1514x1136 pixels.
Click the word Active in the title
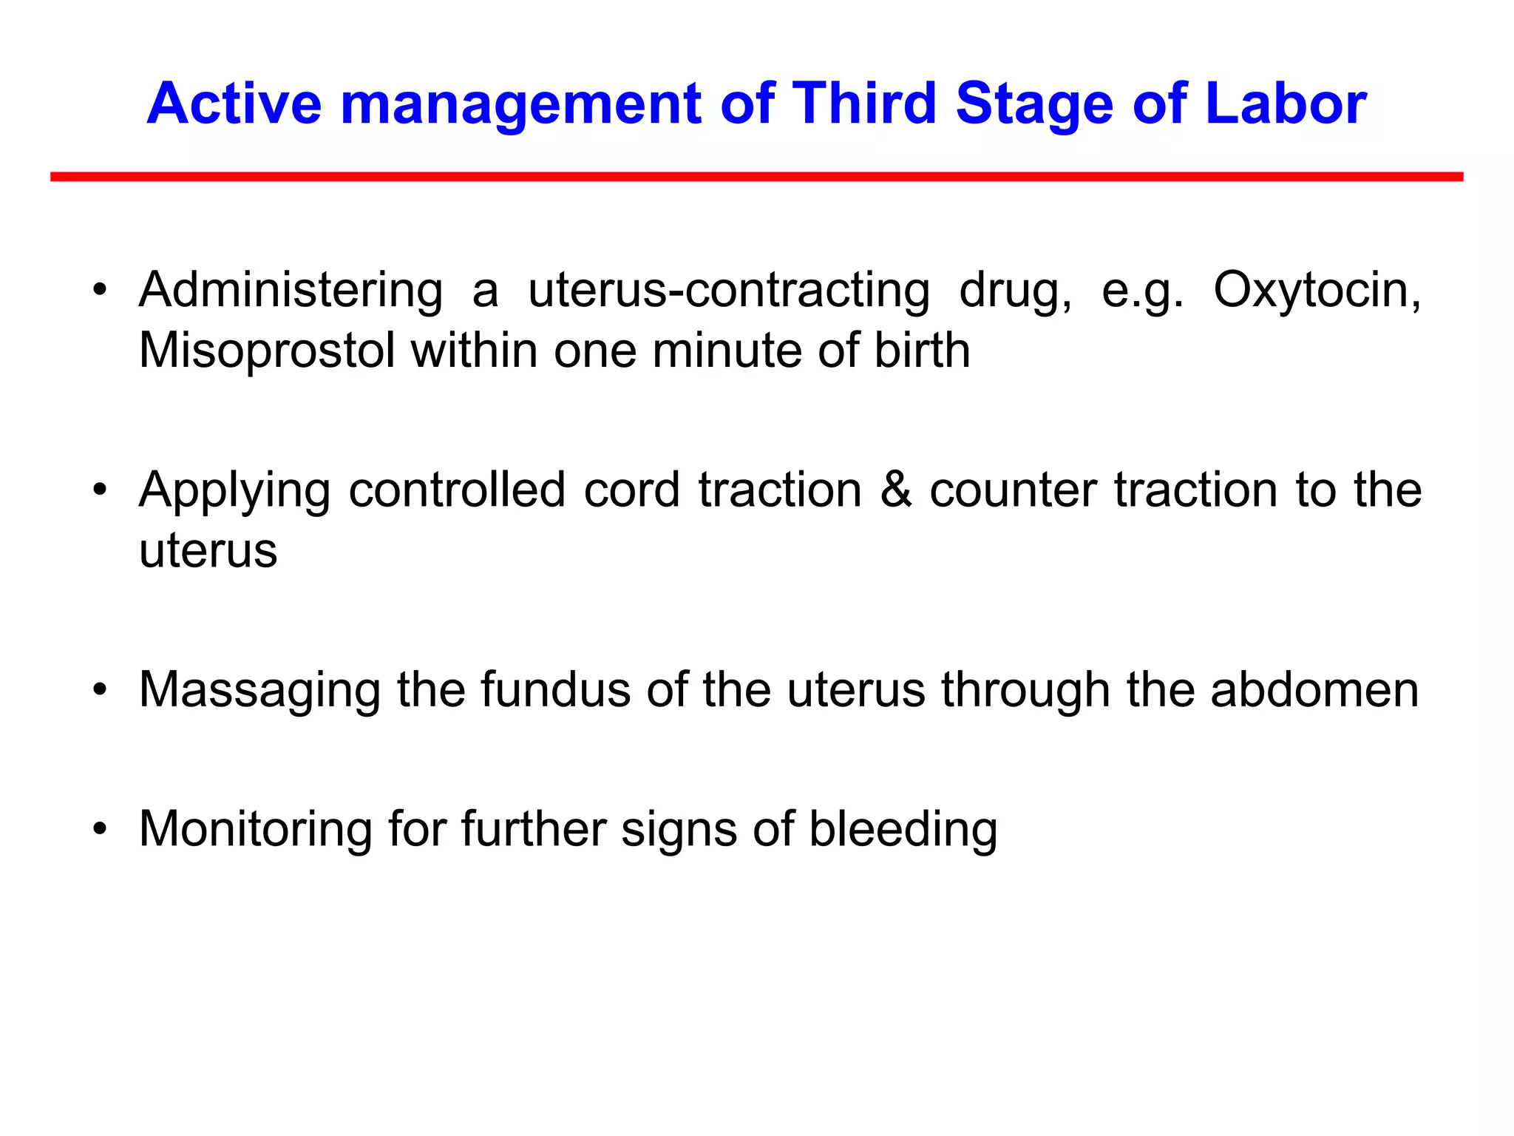point(234,104)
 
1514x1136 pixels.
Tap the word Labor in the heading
point(1286,104)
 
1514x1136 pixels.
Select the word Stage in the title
point(1034,104)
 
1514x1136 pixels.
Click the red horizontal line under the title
point(756,177)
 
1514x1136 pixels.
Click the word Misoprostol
point(267,350)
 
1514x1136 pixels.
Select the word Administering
point(291,290)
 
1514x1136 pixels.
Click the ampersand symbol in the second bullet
point(896,490)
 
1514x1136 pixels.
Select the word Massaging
point(259,690)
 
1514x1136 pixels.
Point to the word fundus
point(555,690)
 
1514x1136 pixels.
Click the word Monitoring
point(256,829)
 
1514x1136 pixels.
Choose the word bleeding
point(903,829)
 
